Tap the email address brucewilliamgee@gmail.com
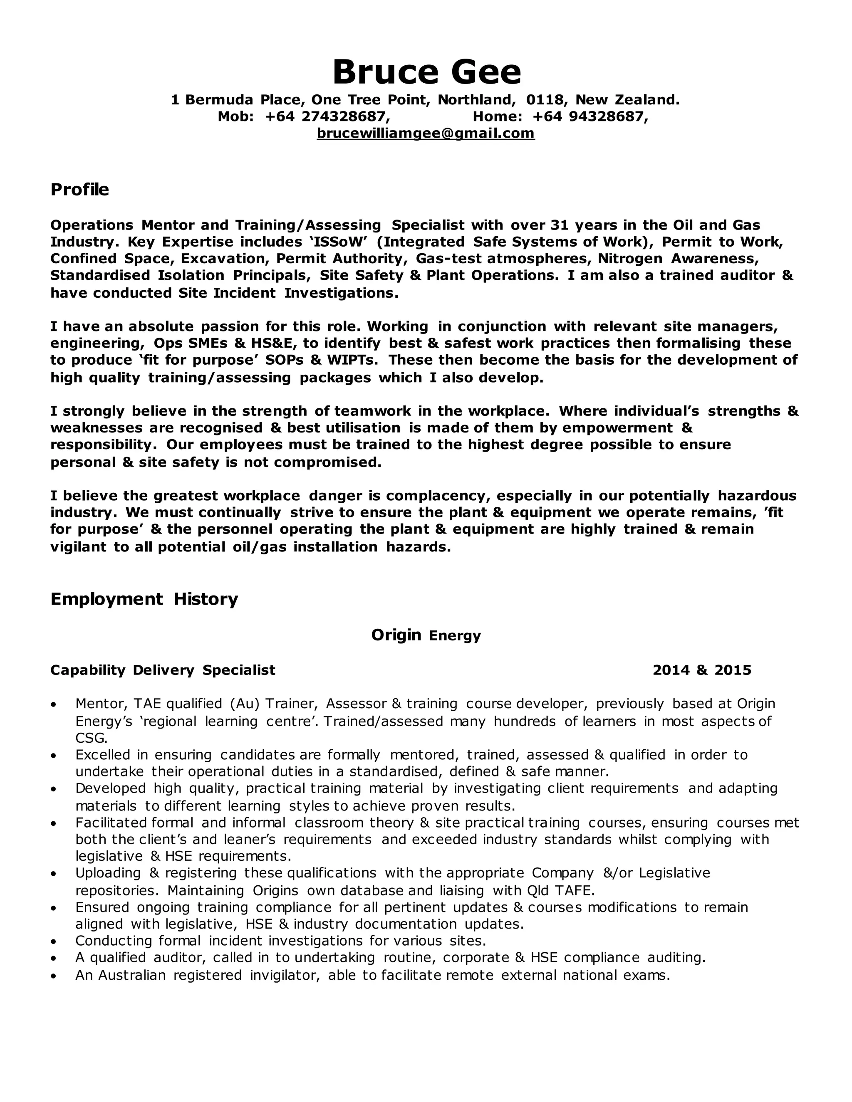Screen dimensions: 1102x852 pyautogui.click(x=426, y=133)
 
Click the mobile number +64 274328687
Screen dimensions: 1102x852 pyautogui.click(x=327, y=116)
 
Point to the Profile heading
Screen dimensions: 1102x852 pyautogui.click(x=80, y=190)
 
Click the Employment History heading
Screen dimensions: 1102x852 pyautogui.click(x=144, y=599)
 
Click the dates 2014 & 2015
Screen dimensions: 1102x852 pyautogui.click(x=701, y=670)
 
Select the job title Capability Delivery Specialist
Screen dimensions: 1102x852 pyautogui.click(x=163, y=670)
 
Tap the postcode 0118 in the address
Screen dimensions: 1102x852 pyautogui.click(x=544, y=100)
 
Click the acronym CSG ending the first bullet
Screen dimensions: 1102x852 pyautogui.click(x=91, y=738)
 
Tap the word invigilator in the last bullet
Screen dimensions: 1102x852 pyautogui.click(x=285, y=975)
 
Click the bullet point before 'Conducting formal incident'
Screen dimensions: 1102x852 pyautogui.click(x=54, y=941)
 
